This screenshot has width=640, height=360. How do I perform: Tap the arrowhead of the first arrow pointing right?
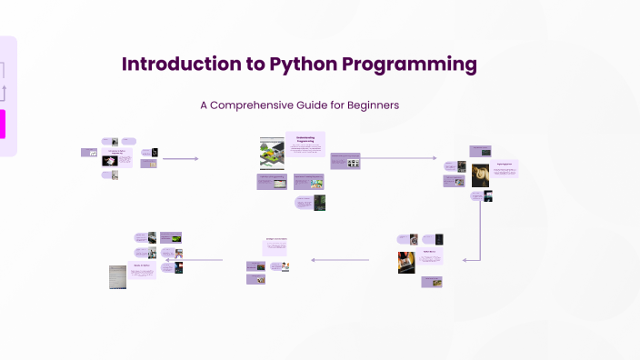195,158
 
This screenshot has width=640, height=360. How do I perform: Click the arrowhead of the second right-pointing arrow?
434,158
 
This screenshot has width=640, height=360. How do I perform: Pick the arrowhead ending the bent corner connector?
465,260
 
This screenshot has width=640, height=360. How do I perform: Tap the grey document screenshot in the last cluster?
118,276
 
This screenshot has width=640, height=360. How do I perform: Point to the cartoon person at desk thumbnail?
285,266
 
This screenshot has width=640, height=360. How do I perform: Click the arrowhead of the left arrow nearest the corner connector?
314,260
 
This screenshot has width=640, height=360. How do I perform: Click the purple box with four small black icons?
345,162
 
